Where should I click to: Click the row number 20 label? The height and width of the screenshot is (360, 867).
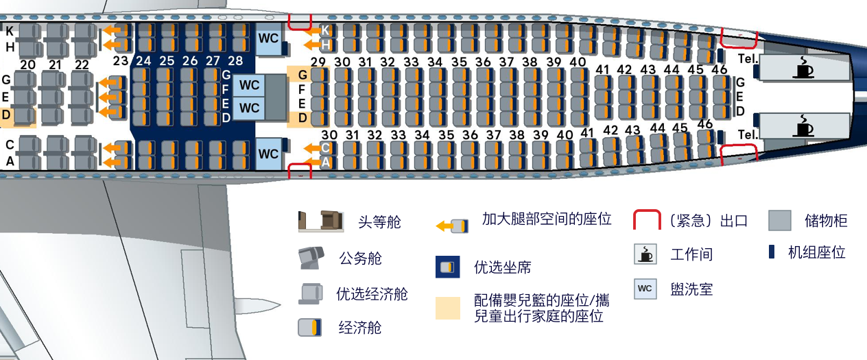[x=27, y=65]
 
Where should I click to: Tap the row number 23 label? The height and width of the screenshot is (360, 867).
[x=121, y=61]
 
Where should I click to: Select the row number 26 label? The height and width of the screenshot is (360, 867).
[x=190, y=61]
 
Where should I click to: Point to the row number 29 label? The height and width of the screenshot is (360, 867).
[x=318, y=62]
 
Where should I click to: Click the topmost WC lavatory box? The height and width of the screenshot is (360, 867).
[x=268, y=39]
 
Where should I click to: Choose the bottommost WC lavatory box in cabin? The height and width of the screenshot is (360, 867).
[x=268, y=154]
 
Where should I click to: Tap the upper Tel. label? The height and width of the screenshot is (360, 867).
[x=748, y=59]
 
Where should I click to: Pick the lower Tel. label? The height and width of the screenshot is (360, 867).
[x=748, y=134]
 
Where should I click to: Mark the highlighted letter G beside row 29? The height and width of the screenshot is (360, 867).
[x=302, y=74]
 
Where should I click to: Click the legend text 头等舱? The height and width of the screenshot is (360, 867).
[x=379, y=222]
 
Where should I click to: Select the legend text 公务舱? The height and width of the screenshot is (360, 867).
[x=360, y=259]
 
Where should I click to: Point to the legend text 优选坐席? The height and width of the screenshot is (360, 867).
[x=502, y=267]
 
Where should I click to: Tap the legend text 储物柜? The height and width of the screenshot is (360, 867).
[x=826, y=221]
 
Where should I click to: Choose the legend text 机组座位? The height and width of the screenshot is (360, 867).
[x=816, y=252]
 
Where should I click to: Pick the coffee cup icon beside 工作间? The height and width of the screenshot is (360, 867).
[x=645, y=254]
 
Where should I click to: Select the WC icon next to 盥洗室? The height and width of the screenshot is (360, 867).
[x=645, y=288]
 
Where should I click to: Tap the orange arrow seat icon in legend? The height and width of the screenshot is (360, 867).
[x=453, y=225]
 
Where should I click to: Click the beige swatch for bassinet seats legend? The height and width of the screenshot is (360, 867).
[x=447, y=308]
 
